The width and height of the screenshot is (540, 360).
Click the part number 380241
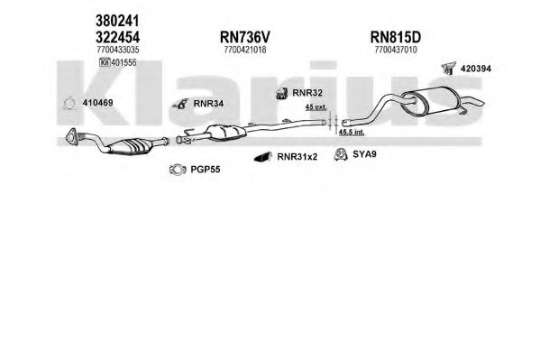click(117, 21)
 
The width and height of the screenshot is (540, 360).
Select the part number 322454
click(117, 37)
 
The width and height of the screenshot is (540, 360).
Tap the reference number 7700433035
click(118, 50)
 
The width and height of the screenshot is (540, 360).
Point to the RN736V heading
click(245, 37)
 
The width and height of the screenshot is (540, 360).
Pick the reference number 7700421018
click(245, 50)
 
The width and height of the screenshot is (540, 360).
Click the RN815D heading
click(396, 37)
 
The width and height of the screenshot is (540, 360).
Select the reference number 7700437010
click(396, 50)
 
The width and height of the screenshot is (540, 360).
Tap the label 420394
click(476, 69)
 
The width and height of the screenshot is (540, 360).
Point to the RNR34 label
click(208, 103)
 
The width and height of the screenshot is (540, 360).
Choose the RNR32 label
click(307, 93)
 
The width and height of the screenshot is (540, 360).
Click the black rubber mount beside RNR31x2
click(262, 157)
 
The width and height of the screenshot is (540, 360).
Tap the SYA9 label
click(364, 154)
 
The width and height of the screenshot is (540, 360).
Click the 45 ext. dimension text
click(316, 107)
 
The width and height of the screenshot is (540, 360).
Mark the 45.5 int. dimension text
click(352, 132)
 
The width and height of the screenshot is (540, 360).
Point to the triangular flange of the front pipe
click(72, 135)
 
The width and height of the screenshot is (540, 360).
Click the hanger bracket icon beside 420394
click(449, 68)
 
